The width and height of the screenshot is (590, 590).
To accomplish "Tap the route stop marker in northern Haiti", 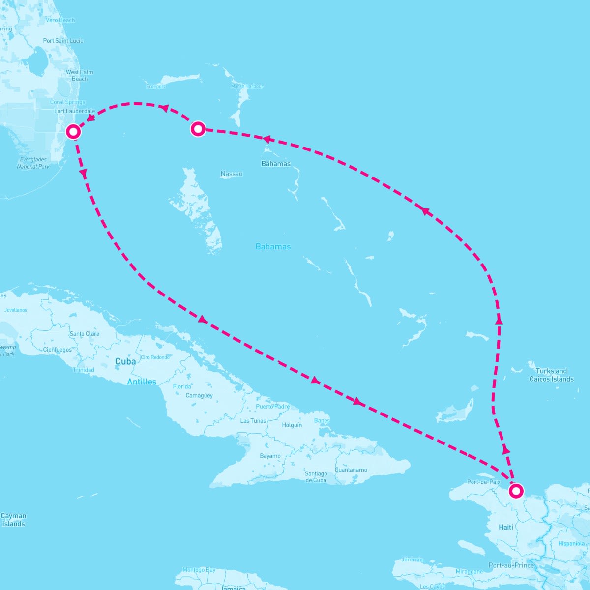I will [516, 491].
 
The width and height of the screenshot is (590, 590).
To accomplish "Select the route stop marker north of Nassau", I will [198, 129].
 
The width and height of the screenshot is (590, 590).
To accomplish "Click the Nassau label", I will [232, 174].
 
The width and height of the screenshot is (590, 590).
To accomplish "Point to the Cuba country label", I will [125, 361].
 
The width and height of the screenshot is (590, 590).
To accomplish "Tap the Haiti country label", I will [505, 527].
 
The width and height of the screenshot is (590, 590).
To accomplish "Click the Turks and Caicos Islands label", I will [551, 375].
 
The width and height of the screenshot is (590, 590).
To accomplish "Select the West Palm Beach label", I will [80, 75].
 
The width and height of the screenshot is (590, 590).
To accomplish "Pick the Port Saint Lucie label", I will [63, 41].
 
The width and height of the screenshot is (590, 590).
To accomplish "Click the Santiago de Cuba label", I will [316, 477].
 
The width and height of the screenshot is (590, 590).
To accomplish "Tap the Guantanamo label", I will [351, 470].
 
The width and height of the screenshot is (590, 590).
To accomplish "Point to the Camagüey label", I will [199, 395].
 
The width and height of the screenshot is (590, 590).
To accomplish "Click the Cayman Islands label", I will [13, 520].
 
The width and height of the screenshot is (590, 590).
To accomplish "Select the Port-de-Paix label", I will [483, 482].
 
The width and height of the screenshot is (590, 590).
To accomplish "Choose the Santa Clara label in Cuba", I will [85, 334].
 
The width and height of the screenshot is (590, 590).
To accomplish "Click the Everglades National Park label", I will [33, 163].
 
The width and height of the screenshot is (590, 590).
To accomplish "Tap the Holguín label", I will [292, 425].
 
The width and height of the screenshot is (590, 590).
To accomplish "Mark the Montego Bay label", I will [199, 570].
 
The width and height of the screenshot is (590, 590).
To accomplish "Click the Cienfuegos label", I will [58, 350].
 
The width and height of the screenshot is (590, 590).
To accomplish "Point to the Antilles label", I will [142, 382].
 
